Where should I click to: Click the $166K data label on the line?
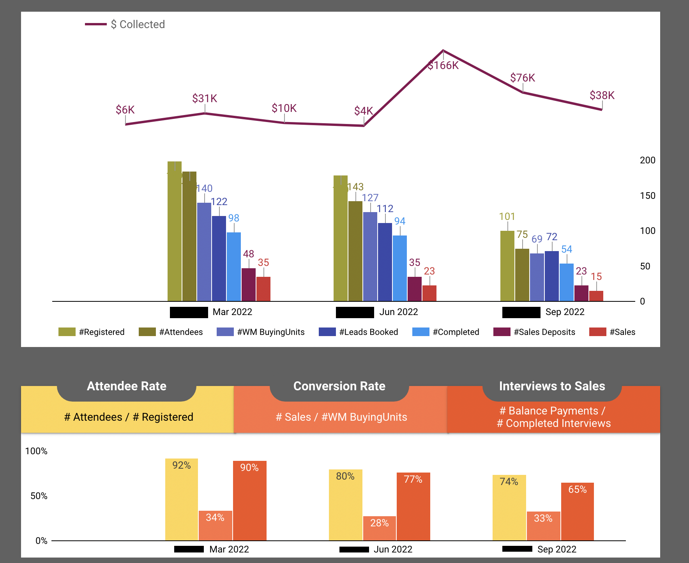click(443, 66)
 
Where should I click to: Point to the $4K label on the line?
click(363, 111)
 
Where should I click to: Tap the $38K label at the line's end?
click(602, 96)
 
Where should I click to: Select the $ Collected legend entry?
click(138, 25)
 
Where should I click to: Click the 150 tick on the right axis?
click(647, 196)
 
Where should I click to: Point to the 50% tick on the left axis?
click(39, 496)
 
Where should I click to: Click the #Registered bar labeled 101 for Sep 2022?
click(507, 266)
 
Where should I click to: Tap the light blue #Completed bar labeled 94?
click(400, 268)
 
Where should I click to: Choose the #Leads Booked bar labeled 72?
click(552, 276)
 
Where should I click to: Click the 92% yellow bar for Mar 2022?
click(182, 499)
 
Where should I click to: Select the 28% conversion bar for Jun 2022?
click(380, 528)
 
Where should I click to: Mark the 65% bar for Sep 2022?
click(578, 512)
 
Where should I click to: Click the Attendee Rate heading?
click(127, 386)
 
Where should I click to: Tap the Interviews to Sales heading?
click(552, 386)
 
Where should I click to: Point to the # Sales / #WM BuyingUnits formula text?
click(341, 417)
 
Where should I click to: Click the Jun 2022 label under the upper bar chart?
click(398, 312)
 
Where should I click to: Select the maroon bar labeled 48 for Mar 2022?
click(249, 285)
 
